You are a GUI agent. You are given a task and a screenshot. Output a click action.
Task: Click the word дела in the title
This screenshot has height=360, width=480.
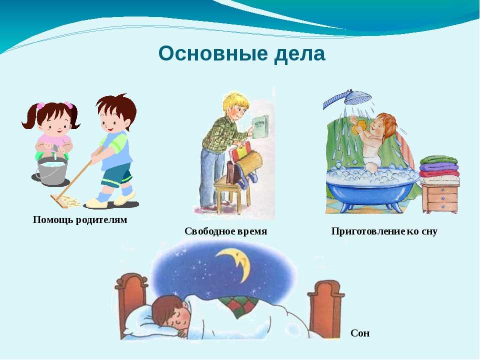tap(299, 54)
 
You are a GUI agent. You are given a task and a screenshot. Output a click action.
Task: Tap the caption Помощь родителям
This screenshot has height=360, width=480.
tap(80, 220)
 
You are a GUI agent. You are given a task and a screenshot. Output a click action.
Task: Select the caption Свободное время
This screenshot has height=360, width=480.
tap(225, 231)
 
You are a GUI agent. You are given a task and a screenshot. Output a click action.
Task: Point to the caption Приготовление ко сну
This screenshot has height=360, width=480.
tap(384, 231)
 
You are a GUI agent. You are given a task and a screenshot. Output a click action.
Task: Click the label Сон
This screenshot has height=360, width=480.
tap(360, 333)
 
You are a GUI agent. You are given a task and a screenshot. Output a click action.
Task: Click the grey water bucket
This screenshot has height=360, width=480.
tap(51, 171)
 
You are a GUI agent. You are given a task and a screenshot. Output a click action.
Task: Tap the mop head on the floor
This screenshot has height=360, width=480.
tap(65, 201)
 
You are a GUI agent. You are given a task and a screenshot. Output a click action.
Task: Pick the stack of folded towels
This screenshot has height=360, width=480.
tap(439, 169)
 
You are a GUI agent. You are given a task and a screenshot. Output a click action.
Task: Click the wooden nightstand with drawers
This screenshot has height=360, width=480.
tap(440, 197)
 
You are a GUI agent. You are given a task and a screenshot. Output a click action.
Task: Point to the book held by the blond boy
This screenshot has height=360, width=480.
tap(260, 127)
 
